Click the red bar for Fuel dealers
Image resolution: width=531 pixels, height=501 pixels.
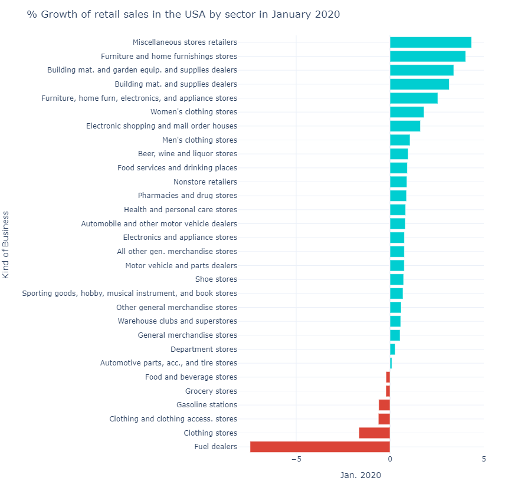click(320, 447)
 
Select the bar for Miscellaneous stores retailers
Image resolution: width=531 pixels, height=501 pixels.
click(430, 42)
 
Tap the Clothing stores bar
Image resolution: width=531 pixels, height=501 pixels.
click(375, 433)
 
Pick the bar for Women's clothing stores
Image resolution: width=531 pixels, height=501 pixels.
click(407, 112)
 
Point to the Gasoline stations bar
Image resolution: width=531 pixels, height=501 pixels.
click(384, 405)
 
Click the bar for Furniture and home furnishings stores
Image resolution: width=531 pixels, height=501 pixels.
click(427, 57)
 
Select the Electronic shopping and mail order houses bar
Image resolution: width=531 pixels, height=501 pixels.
click(405, 126)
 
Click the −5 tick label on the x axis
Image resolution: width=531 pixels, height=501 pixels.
click(296, 460)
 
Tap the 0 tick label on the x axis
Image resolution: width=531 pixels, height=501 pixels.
click(390, 460)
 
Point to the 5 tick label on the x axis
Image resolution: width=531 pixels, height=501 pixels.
click(484, 460)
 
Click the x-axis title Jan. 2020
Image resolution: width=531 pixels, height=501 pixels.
click(360, 475)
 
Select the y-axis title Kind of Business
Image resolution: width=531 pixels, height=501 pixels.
click(6, 245)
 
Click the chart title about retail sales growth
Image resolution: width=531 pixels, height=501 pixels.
click(183, 15)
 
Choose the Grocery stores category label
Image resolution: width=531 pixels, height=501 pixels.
click(211, 391)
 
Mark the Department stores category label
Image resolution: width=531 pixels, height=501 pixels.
click(204, 350)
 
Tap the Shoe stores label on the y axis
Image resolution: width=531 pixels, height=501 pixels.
click(216, 279)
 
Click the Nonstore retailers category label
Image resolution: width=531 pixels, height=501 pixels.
click(205, 182)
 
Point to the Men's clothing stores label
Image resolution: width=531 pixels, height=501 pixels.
click(199, 140)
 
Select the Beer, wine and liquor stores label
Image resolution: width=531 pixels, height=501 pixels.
click(188, 154)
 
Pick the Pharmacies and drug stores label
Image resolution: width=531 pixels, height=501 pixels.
click(188, 196)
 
